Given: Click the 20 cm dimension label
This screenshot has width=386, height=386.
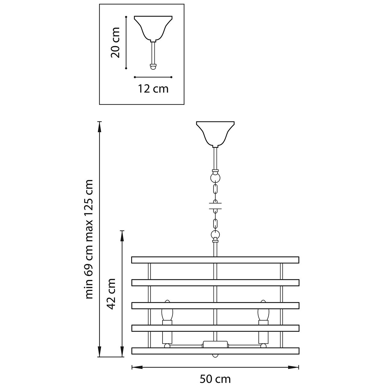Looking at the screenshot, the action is (115, 43).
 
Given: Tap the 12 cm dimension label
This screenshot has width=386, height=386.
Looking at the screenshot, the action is (153, 89).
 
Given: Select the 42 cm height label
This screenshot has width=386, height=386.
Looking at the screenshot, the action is (111, 294).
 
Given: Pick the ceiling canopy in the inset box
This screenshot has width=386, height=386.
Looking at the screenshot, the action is (153, 28).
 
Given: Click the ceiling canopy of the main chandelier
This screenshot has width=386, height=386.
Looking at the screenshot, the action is (215, 134).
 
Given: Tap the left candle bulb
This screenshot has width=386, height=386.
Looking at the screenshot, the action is (167, 313).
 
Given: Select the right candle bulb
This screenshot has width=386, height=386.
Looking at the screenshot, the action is (263, 313).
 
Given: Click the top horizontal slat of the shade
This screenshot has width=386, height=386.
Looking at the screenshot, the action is (215, 260).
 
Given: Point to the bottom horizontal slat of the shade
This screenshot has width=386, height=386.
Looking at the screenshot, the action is (215, 351).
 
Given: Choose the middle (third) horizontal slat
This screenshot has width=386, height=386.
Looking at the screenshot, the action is (215, 305).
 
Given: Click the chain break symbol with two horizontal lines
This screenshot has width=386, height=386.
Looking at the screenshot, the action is (215, 206).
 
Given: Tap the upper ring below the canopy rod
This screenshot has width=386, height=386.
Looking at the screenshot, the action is (215, 178).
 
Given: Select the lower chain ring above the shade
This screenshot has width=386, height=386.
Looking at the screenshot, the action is (215, 234).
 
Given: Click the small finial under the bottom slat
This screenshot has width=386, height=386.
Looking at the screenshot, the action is (215, 356).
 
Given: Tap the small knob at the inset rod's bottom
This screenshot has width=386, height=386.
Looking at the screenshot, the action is (153, 67).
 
